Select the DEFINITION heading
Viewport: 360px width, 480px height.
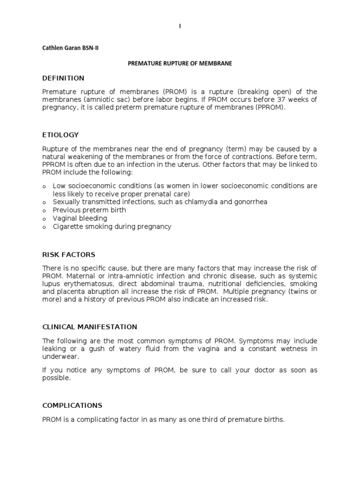63,78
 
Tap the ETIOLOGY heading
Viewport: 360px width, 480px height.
60,135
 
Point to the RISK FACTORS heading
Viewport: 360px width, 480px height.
68,255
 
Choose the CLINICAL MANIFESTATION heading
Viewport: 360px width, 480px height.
90,327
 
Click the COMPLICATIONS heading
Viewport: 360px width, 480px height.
72,405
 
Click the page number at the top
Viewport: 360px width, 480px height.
180,27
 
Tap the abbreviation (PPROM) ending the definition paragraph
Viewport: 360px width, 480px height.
268,108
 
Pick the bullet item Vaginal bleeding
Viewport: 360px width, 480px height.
80,218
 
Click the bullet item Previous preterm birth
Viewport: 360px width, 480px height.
89,210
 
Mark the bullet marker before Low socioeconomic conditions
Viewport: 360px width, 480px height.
44,186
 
